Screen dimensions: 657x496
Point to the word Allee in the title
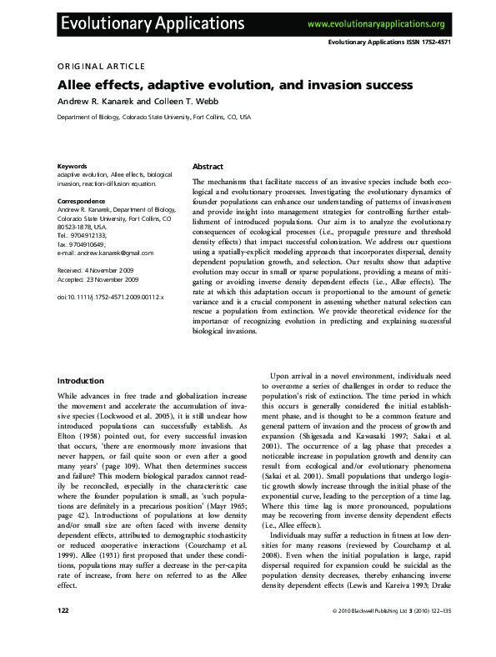[x=78, y=85]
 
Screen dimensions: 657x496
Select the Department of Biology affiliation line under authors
[x=153, y=118]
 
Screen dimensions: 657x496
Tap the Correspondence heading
[x=81, y=202]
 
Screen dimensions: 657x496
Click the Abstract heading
[x=208, y=167]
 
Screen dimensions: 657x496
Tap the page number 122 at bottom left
[x=63, y=634]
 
